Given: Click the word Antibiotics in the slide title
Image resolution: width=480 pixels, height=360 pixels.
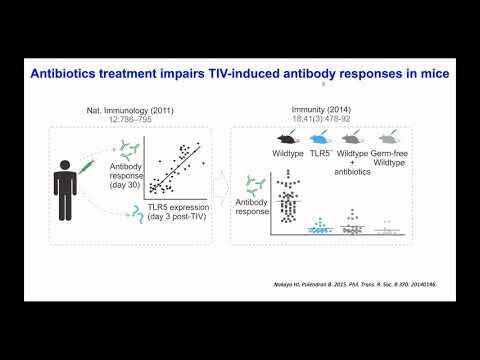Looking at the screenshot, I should click(69, 75).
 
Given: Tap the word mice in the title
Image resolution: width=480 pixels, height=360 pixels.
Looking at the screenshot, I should click(432, 75).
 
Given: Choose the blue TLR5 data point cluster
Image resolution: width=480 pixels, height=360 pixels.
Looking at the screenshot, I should click(320, 227).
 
